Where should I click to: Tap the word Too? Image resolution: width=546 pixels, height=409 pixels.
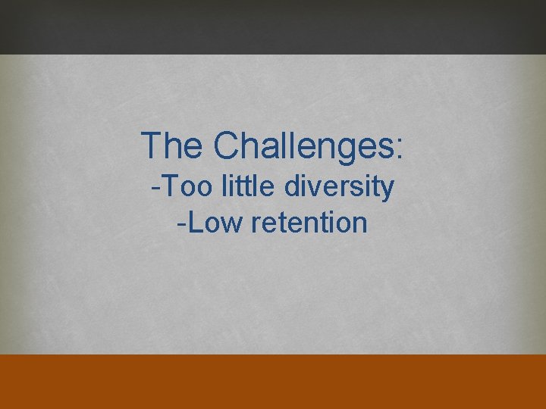click(x=186, y=186)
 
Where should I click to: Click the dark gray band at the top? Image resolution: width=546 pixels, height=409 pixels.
click(x=273, y=27)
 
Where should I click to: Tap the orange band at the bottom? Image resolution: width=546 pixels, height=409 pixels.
click(x=273, y=381)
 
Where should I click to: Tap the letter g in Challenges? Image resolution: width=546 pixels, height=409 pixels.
click(x=337, y=149)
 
